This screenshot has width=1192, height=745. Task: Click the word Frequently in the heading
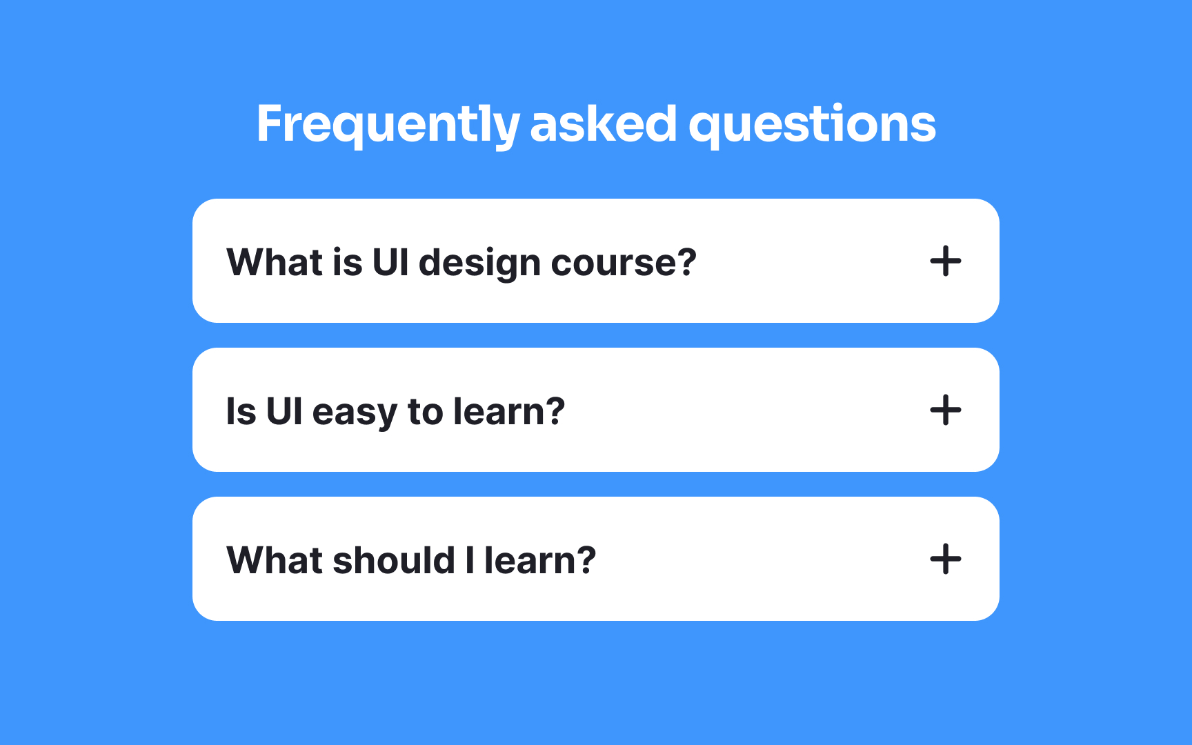pos(387,124)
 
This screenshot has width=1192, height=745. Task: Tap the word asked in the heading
pos(603,124)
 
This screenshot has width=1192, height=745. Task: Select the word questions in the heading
pos(812,124)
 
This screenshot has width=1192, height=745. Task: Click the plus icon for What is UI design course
pos(945,261)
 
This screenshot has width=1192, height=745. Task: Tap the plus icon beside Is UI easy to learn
pos(945,410)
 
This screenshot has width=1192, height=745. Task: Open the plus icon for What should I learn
pos(945,559)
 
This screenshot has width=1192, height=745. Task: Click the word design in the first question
pos(479,263)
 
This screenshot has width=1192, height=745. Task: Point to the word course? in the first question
pos(624,263)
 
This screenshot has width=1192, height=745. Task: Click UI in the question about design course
pos(390,262)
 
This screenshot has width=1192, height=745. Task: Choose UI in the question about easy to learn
pos(284,411)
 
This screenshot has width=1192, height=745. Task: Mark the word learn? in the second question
pos(509,411)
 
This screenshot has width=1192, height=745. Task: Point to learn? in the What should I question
pos(539,560)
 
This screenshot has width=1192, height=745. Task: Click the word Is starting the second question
pos(241,411)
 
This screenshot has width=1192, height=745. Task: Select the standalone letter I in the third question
pos(470,560)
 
